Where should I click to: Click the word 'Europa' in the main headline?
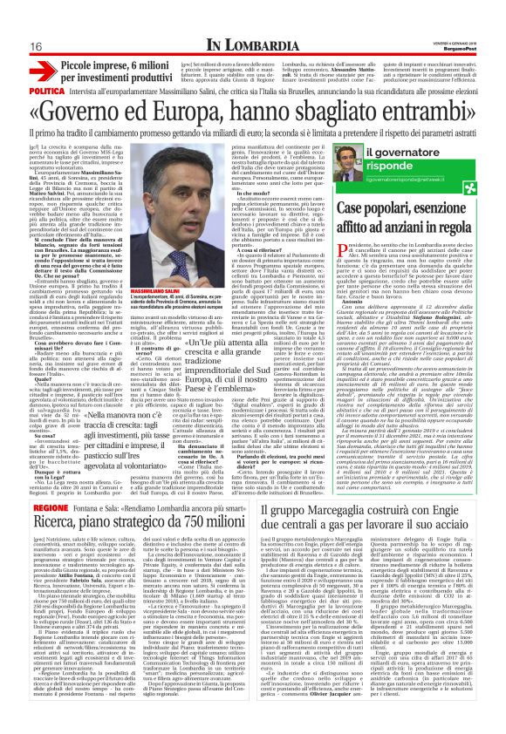(x=236, y=112)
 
